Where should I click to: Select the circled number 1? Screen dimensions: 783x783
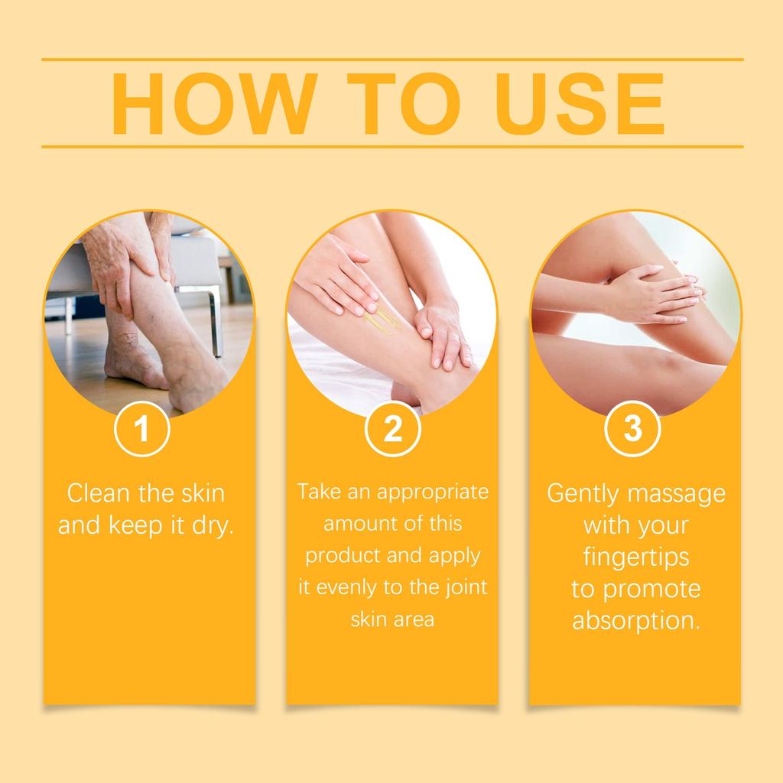click(x=141, y=430)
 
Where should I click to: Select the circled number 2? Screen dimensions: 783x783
click(x=392, y=430)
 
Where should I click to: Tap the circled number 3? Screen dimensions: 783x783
click(x=632, y=430)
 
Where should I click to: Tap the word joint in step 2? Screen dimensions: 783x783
click(x=465, y=588)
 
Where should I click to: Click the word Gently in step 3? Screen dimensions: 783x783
click(x=583, y=493)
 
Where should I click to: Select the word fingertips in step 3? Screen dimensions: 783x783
click(x=635, y=557)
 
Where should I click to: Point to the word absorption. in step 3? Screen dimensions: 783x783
click(x=636, y=621)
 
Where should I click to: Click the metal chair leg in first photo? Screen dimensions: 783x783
click(x=216, y=321)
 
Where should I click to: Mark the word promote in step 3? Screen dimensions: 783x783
click(x=652, y=590)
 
